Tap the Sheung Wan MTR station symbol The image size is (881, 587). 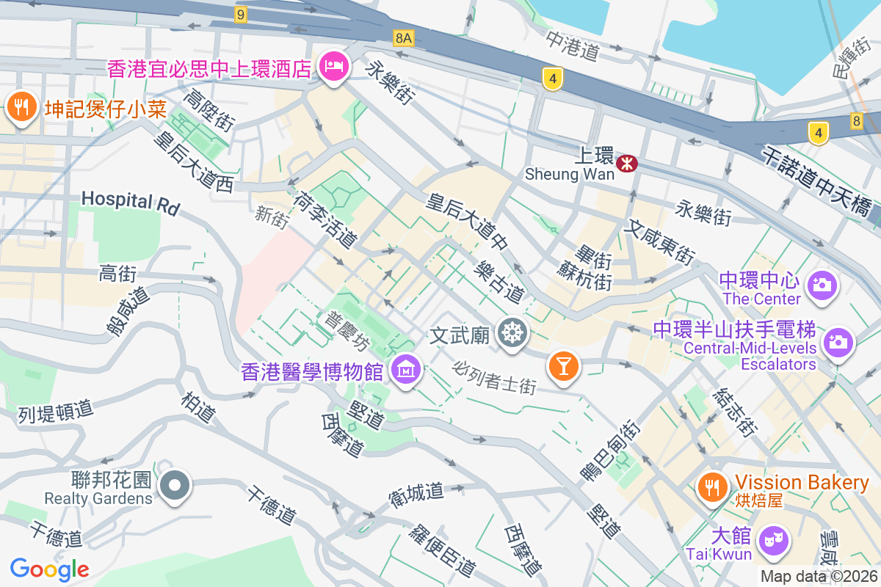(x=626, y=163)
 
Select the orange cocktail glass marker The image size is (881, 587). (x=564, y=365)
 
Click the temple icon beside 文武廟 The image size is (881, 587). (x=512, y=334)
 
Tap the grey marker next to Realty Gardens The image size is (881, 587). (x=175, y=486)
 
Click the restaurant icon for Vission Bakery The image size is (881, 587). (x=711, y=486)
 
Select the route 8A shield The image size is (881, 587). (x=403, y=37)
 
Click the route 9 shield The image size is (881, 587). (x=241, y=13)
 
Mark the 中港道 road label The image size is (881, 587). (x=573, y=45)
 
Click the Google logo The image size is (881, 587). (x=49, y=569)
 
